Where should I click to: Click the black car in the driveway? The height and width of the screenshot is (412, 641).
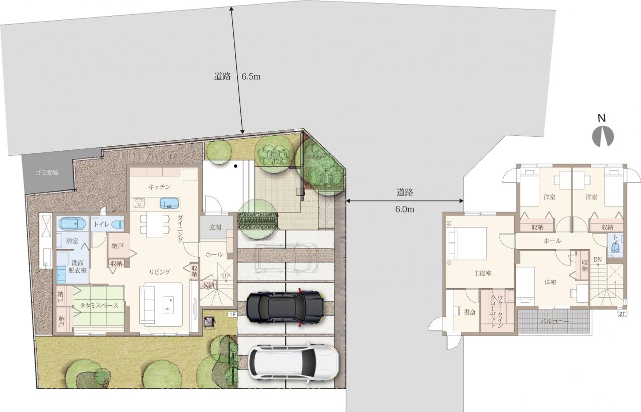[x=285, y=307]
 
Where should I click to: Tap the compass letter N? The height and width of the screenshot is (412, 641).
[x=602, y=118]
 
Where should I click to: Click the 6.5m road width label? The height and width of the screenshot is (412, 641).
[x=251, y=77]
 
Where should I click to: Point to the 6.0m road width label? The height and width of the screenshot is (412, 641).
[x=405, y=210]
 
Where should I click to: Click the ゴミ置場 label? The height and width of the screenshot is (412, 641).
[x=47, y=172]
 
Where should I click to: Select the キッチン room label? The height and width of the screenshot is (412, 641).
[x=159, y=187]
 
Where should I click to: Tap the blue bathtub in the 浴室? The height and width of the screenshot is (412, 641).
[x=73, y=224]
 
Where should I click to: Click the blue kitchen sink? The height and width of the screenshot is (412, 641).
[x=169, y=203]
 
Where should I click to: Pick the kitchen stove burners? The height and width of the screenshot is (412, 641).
[x=139, y=202]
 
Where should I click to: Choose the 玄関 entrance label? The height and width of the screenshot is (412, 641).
[x=215, y=228]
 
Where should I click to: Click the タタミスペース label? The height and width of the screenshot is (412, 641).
[x=99, y=306]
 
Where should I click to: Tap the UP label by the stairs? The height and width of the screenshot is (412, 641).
[x=226, y=276]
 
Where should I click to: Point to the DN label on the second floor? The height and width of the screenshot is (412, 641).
[x=597, y=260]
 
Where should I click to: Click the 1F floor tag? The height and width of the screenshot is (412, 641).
[x=232, y=315]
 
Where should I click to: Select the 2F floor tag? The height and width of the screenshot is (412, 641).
[x=622, y=314]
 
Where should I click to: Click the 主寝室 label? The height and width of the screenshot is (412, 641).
[x=482, y=274]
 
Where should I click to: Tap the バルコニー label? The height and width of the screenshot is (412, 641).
[x=554, y=322]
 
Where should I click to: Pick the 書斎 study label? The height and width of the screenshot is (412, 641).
[x=470, y=312]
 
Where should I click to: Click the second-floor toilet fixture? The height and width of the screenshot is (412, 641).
[x=614, y=247]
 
